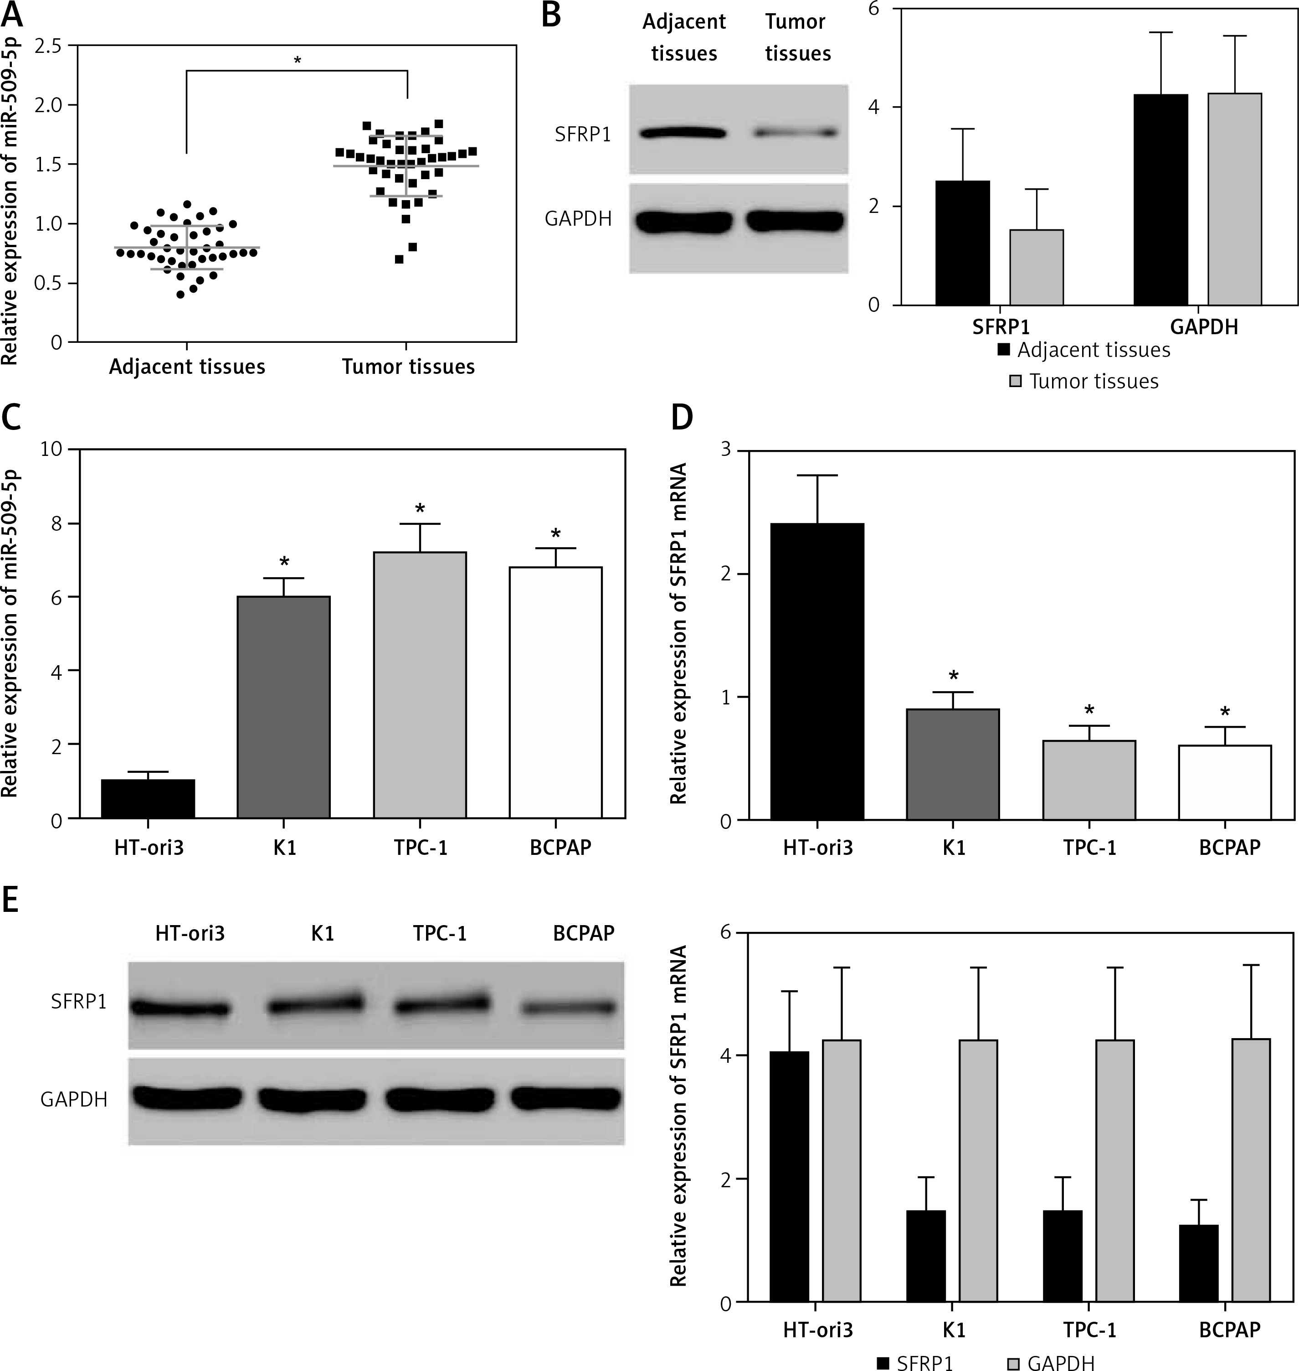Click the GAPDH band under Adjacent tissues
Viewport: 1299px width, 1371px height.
pos(684,222)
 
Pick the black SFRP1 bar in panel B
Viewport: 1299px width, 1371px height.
pos(962,243)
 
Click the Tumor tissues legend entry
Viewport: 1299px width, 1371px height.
pos(1084,381)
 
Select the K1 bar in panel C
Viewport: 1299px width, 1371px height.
pos(283,707)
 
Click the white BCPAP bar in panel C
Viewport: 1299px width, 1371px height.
pos(555,693)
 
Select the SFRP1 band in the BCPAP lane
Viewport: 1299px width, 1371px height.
pos(569,1008)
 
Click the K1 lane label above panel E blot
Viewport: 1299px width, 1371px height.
pos(323,934)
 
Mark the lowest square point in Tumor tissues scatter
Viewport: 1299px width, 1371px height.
pos(399,259)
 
